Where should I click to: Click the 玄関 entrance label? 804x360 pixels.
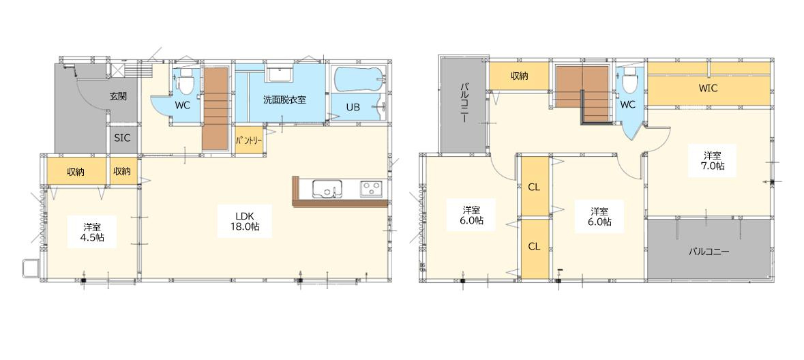coord(118,96)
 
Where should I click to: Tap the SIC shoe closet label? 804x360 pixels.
coord(122,138)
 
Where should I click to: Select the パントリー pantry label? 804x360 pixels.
coord(249,140)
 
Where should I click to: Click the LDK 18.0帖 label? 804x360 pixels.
coord(244,221)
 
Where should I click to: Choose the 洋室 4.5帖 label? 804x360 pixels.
coord(93,231)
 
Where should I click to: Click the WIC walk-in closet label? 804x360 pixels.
coord(708,88)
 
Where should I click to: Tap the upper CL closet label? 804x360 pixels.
coord(534,187)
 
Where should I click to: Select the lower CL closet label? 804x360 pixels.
coord(534,246)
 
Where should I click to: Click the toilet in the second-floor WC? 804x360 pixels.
coord(630,82)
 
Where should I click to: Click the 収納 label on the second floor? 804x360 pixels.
coord(519,76)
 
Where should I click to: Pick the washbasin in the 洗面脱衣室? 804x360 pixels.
coord(280,74)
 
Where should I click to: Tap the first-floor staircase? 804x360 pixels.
coord(215,108)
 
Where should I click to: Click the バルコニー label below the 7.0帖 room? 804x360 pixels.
coord(709,252)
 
